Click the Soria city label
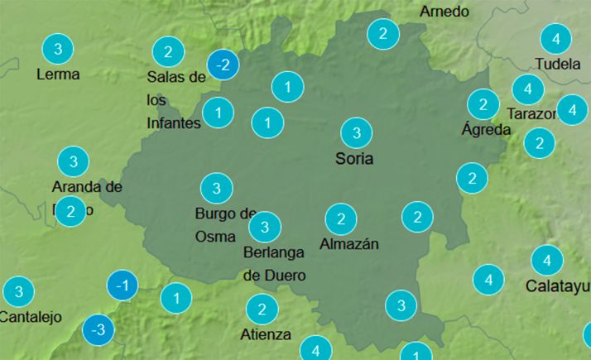tap(354, 158)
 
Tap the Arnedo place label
tap(444, 12)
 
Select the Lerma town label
tap(58, 74)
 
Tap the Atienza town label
tap(266, 334)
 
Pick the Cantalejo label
tap(30, 316)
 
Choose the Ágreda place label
tap(485, 129)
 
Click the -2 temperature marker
tap(223, 64)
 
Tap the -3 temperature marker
tap(98, 330)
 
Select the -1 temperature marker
tap(123, 286)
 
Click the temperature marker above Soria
tap(357, 132)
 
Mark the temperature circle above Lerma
tap(58, 49)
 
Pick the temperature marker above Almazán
tap(340, 219)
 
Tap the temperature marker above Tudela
tap(556, 39)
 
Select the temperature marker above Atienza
tap(262, 310)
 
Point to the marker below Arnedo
tap(383, 34)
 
